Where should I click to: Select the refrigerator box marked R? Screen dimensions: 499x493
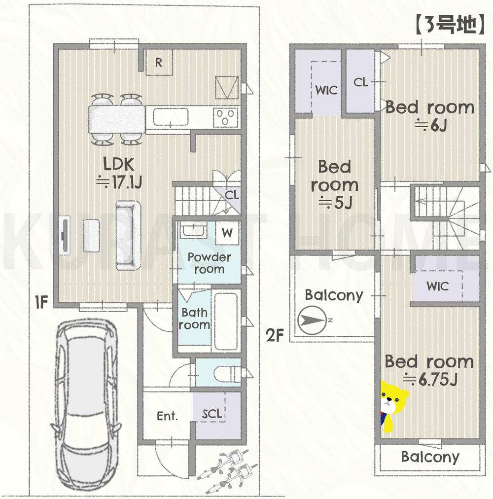pyautogui.click(x=159, y=63)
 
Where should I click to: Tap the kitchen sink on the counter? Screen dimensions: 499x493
pyautogui.click(x=171, y=118)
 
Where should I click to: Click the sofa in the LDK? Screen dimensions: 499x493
pyautogui.click(x=129, y=235)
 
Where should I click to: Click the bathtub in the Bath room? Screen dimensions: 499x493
pyautogui.click(x=226, y=321)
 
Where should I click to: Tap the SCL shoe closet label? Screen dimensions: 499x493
pyautogui.click(x=212, y=413)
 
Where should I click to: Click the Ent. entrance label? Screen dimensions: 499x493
pyautogui.click(x=167, y=416)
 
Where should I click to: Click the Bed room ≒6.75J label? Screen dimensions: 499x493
pyautogui.click(x=429, y=370)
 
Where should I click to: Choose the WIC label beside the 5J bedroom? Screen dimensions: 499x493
pyautogui.click(x=326, y=90)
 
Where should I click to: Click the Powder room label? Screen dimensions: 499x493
pyautogui.click(x=209, y=263)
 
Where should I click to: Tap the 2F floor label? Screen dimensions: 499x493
pyautogui.click(x=275, y=336)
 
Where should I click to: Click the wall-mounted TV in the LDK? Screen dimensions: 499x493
pyautogui.click(x=64, y=235)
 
